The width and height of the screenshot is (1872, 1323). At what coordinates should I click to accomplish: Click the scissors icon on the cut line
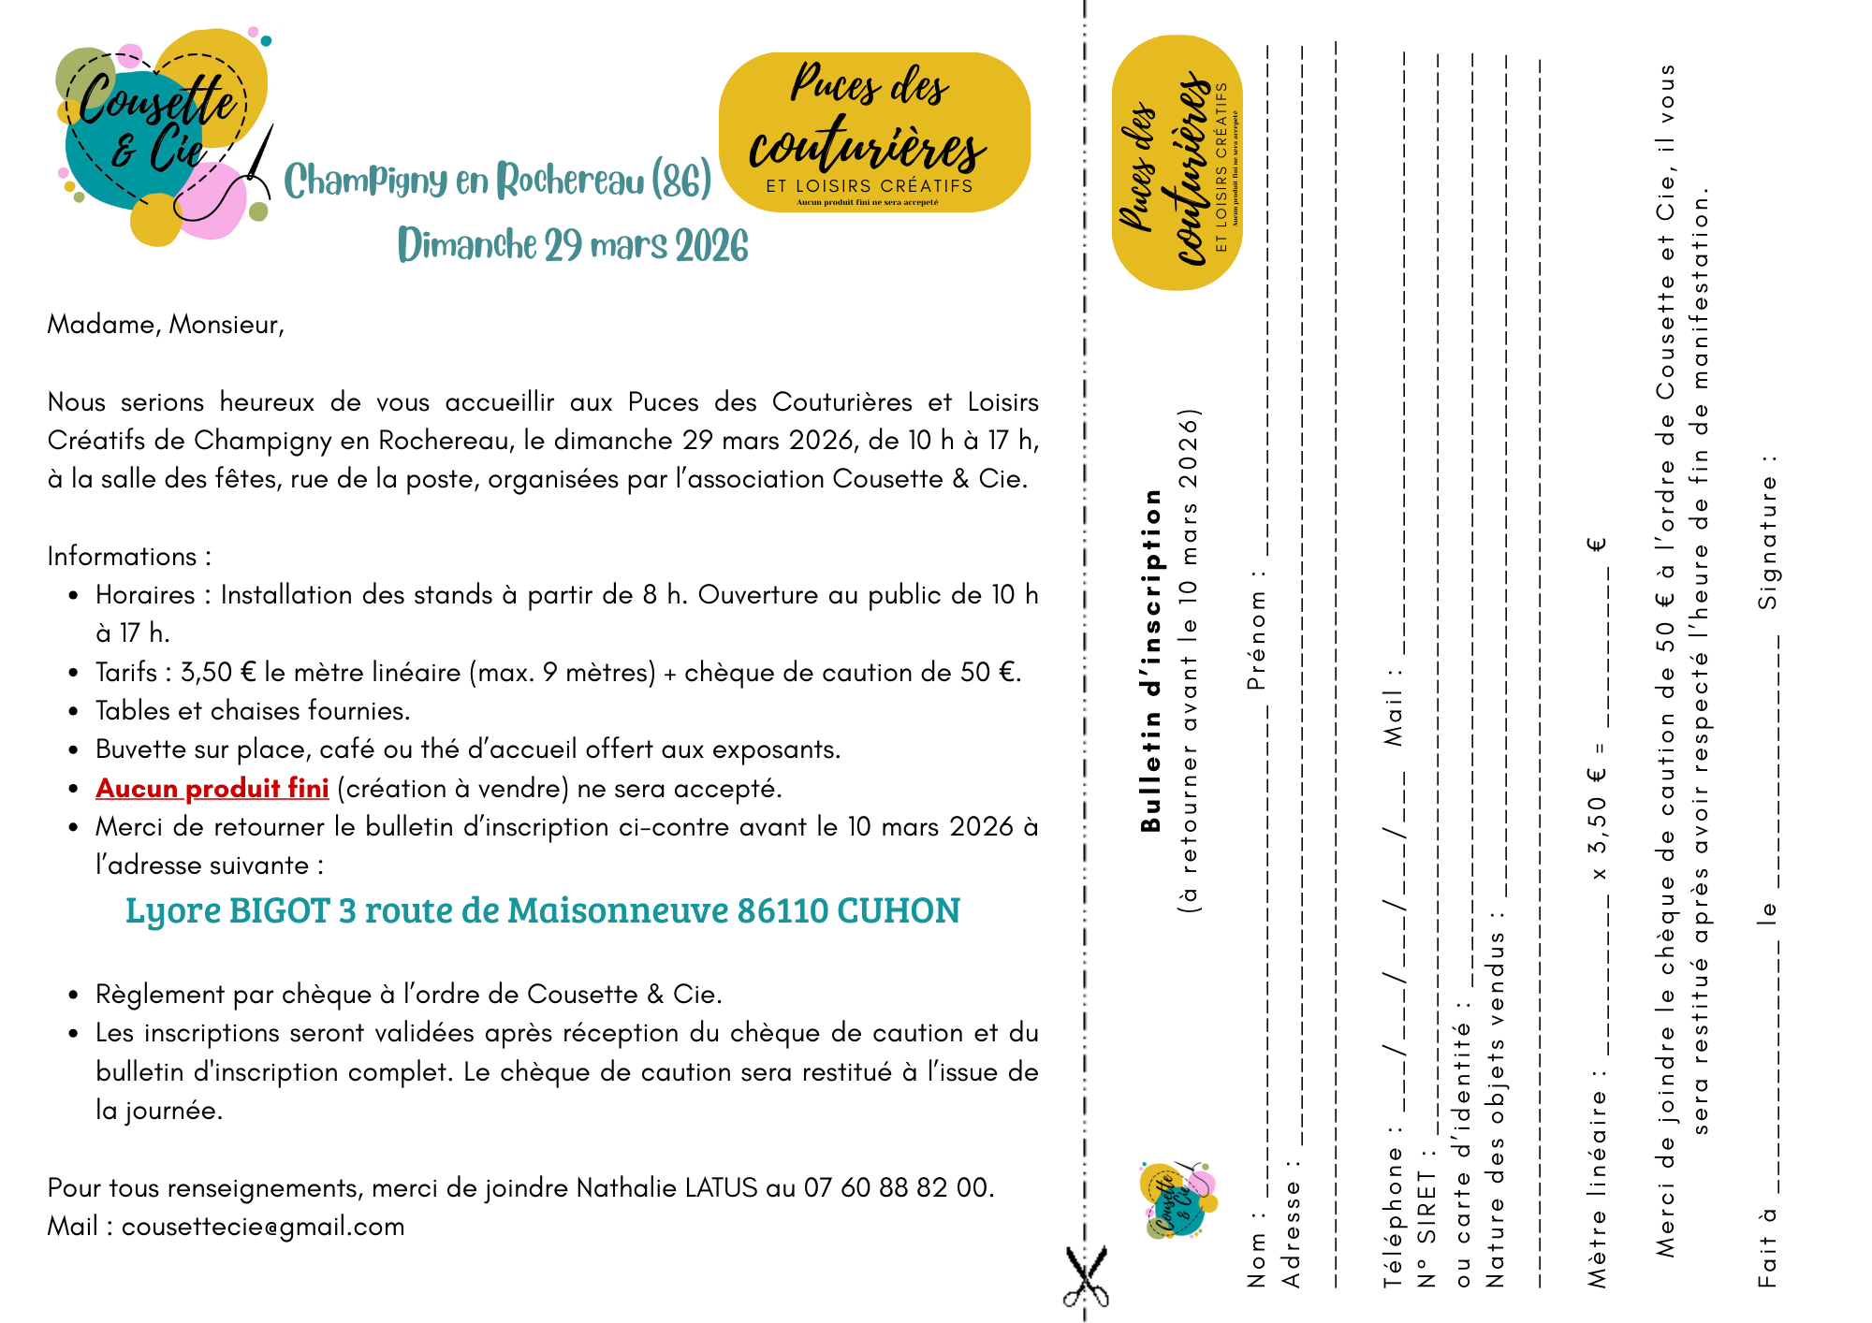[1086, 1276]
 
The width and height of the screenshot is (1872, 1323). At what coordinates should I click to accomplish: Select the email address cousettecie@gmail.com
[263, 1227]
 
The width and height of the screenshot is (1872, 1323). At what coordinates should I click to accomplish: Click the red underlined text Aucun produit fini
[212, 789]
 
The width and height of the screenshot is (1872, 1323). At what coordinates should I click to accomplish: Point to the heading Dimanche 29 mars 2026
[573, 245]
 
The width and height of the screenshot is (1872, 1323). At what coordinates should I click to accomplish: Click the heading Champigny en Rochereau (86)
[497, 180]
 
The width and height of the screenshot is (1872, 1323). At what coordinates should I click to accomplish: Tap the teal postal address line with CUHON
[543, 910]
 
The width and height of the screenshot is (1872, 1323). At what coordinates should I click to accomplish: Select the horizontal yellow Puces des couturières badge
[874, 132]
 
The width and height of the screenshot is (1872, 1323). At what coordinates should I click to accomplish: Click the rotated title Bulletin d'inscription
[1151, 660]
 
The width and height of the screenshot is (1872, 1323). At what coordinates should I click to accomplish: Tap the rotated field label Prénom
[1256, 626]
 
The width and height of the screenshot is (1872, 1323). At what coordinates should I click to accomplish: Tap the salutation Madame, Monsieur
[166, 325]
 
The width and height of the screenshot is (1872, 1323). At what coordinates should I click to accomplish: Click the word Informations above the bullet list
[123, 557]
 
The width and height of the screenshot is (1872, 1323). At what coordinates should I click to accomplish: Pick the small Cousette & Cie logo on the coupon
[1178, 1200]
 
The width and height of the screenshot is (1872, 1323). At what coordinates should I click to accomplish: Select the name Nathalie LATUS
[666, 1187]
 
